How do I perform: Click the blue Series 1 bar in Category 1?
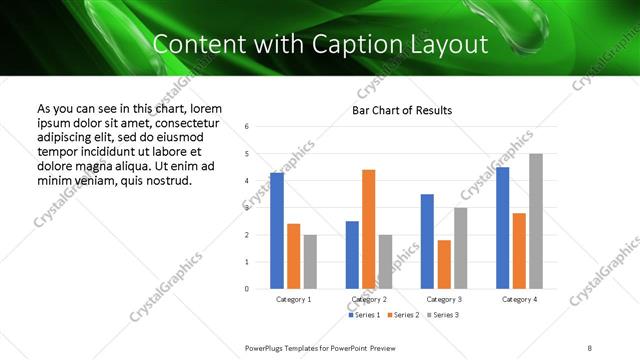point(277,231)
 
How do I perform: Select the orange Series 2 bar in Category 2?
point(368,229)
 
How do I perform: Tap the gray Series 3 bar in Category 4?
point(536,221)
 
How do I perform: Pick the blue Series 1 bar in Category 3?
point(427,241)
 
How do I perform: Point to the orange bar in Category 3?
point(444,264)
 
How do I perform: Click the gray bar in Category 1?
point(310,262)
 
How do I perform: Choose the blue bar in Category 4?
point(502,228)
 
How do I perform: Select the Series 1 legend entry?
point(364,315)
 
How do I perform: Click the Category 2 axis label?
point(369,299)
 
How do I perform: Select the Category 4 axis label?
point(519,299)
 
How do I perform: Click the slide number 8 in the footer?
point(589,346)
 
